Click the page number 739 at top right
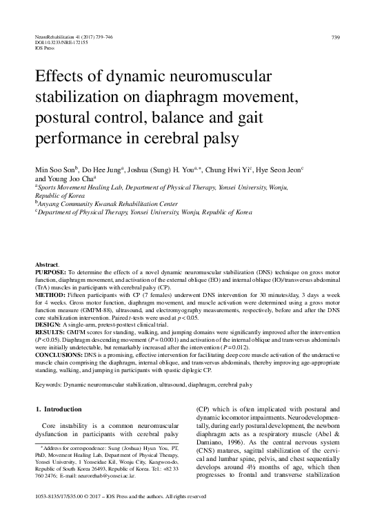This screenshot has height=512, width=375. point(336,36)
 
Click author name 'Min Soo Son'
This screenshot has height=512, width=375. point(54,167)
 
